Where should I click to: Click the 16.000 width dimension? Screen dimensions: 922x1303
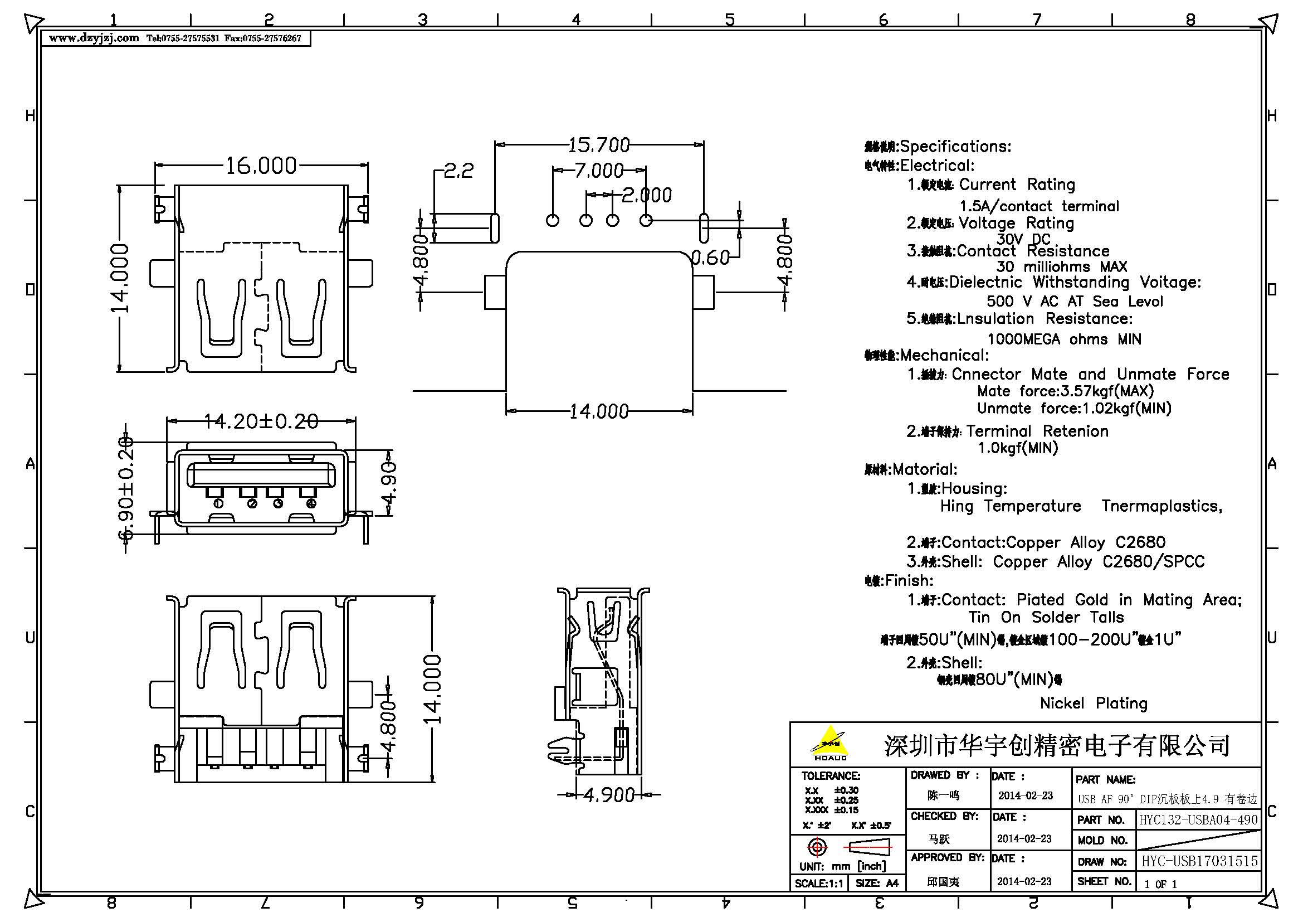pos(261,166)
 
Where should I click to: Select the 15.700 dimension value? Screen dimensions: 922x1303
pos(599,145)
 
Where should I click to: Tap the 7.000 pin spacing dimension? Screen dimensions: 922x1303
pos(598,171)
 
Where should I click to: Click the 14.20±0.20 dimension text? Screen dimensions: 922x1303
pos(261,421)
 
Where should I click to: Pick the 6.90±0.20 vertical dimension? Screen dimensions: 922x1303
pos(125,488)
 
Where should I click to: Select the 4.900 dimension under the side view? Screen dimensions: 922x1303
pos(608,795)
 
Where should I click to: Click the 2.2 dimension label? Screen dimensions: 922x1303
pos(458,171)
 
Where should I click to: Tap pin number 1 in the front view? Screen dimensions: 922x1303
pos(218,503)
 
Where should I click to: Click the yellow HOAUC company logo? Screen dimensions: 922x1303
pos(829,743)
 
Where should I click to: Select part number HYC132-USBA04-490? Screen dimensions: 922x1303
pos(1198,820)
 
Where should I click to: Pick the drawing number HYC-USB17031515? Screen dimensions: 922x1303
pos(1199,861)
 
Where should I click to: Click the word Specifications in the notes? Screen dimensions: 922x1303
pos(955,147)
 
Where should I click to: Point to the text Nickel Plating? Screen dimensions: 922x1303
pos(1093,703)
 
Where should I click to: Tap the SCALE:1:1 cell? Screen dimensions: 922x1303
pos(818,884)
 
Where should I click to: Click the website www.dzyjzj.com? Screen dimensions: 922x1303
pos(94,38)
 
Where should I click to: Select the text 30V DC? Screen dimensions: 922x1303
pos(1023,239)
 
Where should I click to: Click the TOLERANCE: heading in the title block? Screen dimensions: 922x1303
pos(830,775)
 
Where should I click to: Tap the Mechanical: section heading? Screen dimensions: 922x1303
pos(944,356)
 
